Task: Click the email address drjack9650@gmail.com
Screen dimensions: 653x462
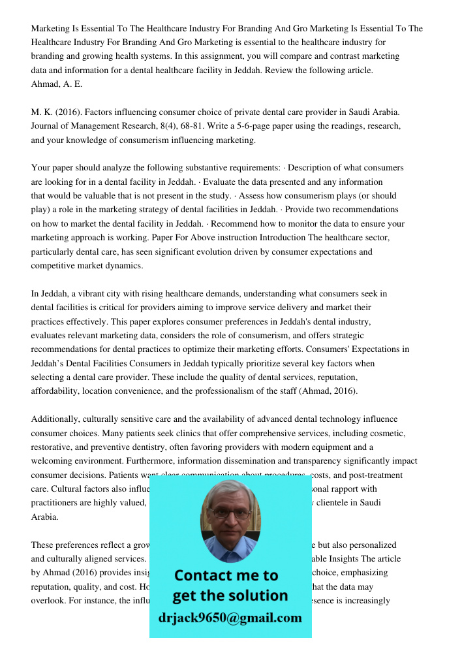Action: click(230, 618)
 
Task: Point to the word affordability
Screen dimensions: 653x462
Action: click(59, 391)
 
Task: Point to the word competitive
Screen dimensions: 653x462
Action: click(57, 266)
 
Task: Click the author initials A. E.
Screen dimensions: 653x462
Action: click(73, 84)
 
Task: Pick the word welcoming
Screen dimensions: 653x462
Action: click(57, 461)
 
